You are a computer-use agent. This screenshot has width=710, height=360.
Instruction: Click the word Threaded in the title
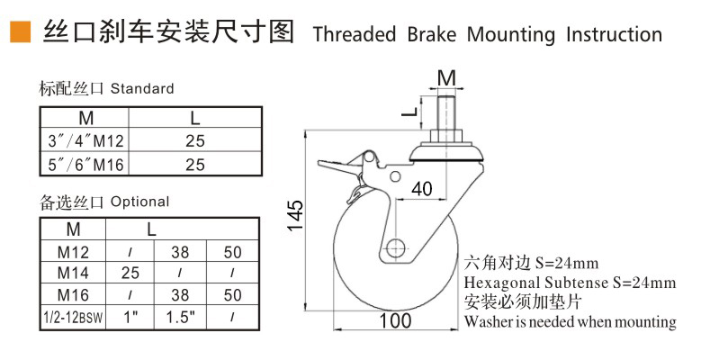click(x=354, y=34)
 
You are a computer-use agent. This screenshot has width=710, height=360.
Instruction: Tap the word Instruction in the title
click(x=614, y=34)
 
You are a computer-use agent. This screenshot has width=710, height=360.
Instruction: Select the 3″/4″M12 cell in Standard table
click(x=85, y=141)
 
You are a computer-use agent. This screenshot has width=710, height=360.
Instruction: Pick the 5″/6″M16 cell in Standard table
click(x=85, y=165)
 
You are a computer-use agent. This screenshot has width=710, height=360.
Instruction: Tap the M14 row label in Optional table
click(x=73, y=271)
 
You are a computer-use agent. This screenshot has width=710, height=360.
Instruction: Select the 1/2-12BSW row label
click(x=73, y=317)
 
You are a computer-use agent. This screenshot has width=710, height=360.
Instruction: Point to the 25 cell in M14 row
click(x=130, y=271)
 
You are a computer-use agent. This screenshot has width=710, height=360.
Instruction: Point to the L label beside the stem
click(x=408, y=113)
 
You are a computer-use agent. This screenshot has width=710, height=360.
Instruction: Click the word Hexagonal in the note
click(x=499, y=283)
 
